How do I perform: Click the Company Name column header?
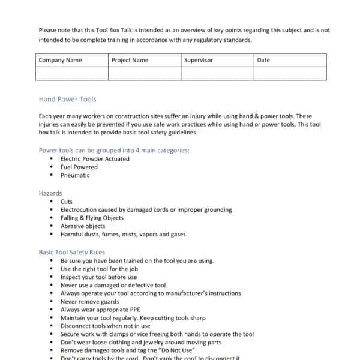(x=60, y=60)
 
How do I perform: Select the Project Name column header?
(x=130, y=60)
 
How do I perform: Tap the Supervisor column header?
(x=198, y=60)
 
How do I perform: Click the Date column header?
(x=263, y=60)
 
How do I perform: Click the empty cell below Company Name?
(x=72, y=73)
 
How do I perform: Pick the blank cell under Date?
(x=290, y=73)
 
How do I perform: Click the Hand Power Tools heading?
(x=67, y=99)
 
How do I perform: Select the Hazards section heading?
(x=50, y=194)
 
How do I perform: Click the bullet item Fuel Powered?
(x=79, y=167)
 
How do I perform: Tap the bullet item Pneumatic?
(x=75, y=175)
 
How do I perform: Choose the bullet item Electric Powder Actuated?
(x=95, y=158)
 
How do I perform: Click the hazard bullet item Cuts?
(x=67, y=202)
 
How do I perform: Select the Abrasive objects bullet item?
(x=83, y=226)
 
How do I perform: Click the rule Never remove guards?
(x=90, y=302)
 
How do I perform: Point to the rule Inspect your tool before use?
(x=98, y=277)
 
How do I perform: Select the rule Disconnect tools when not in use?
(x=105, y=326)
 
